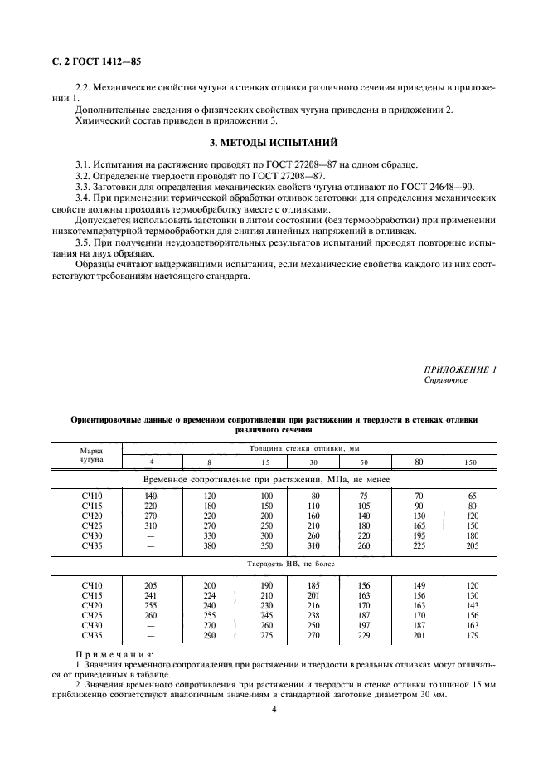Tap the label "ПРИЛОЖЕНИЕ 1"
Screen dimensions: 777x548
(x=460, y=369)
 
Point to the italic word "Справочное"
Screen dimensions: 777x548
(x=446, y=379)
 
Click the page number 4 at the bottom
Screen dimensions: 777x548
(x=274, y=709)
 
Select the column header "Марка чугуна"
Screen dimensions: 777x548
(x=91, y=453)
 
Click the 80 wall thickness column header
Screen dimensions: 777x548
(x=419, y=461)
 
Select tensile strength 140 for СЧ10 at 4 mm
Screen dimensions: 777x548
(x=151, y=496)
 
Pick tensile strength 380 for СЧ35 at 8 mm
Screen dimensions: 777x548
(x=209, y=546)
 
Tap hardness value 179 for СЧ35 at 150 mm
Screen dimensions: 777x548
(x=471, y=635)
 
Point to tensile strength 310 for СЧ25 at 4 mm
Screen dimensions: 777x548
(x=151, y=526)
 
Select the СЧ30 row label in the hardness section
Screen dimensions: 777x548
(x=91, y=625)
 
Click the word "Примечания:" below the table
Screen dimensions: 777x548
(x=109, y=654)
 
